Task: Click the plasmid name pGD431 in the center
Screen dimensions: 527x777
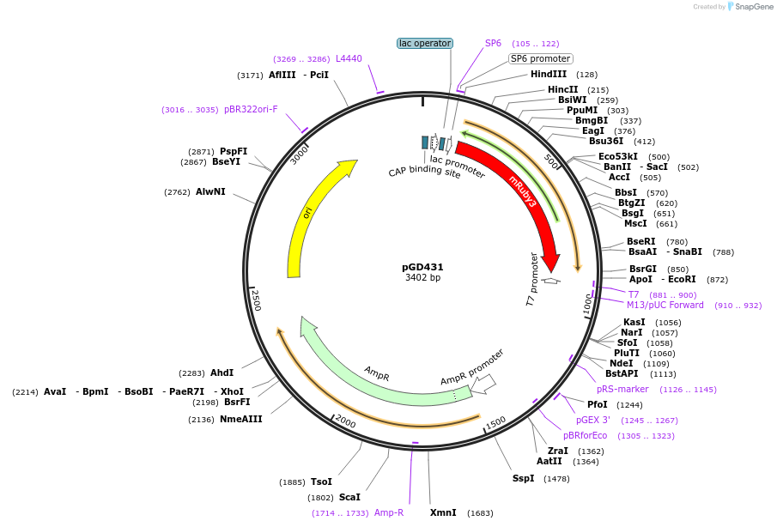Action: [422, 267]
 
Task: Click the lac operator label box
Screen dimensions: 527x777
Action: [424, 43]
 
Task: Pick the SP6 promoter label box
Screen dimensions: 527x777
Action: [540, 58]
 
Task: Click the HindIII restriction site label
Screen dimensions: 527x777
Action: [549, 75]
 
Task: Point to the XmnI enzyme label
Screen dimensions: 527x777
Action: [443, 512]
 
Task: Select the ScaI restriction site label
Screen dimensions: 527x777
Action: [349, 497]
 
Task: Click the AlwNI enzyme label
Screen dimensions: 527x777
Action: [210, 191]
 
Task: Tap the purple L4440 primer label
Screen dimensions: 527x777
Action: [349, 58]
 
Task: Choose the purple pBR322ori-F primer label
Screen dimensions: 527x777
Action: [251, 109]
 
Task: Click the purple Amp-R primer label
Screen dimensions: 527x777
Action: [389, 512]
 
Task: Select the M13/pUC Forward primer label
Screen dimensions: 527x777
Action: [665, 305]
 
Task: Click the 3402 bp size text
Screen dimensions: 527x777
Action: [422, 278]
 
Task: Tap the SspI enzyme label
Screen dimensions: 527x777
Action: [523, 478]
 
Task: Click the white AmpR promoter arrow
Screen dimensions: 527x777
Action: [483, 385]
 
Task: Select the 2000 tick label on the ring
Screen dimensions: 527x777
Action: [344, 421]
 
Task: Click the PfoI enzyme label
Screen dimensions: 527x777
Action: [598, 404]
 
